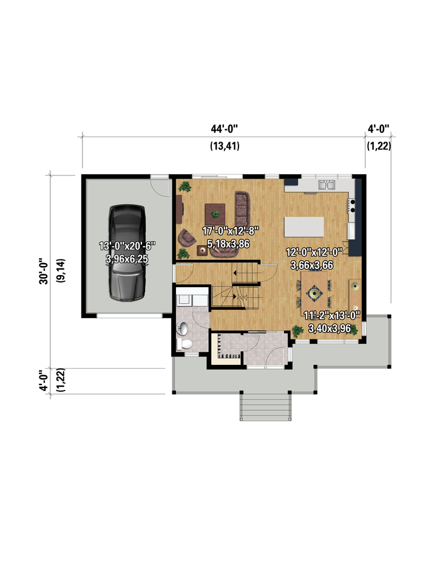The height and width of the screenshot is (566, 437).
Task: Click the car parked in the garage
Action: click(x=127, y=253)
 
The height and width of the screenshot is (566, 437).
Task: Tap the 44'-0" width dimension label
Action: click(x=225, y=128)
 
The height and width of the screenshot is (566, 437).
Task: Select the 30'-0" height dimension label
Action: click(x=44, y=271)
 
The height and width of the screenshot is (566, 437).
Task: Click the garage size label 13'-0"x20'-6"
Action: click(x=127, y=246)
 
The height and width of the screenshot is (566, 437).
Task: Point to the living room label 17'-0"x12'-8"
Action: click(x=230, y=231)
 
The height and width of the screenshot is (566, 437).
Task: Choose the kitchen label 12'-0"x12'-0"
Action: click(x=314, y=252)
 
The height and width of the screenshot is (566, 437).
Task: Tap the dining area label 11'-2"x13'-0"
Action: click(x=331, y=315)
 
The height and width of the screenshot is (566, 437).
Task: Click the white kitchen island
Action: click(x=304, y=227)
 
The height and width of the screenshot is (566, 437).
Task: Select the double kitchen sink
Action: click(x=327, y=185)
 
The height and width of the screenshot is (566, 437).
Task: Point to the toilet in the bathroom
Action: click(x=185, y=344)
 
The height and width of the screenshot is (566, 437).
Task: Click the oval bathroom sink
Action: click(x=182, y=328)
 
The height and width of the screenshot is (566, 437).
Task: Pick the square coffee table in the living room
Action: click(x=215, y=214)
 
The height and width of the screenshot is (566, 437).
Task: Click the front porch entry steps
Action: click(x=265, y=406)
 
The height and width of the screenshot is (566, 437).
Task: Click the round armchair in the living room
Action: click(x=187, y=237)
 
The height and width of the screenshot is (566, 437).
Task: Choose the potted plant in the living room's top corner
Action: click(x=185, y=186)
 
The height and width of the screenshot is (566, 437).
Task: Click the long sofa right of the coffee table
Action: click(x=243, y=209)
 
